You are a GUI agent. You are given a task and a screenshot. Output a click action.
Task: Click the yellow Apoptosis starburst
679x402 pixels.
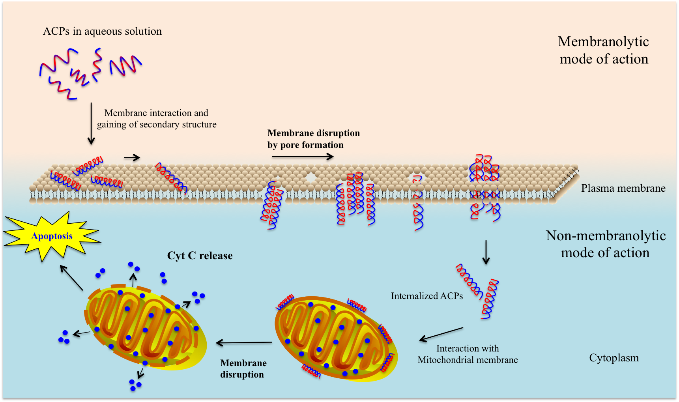[52, 236]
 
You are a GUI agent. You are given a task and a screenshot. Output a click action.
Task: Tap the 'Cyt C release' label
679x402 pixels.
[200, 256]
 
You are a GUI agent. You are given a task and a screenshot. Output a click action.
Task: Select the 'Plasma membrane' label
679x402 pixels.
[623, 188]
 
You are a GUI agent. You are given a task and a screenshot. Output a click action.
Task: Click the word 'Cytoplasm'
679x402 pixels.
[614, 358]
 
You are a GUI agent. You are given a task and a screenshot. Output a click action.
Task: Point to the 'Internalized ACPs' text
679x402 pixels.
[426, 296]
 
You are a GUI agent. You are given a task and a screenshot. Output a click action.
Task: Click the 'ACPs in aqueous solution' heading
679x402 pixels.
[102, 31]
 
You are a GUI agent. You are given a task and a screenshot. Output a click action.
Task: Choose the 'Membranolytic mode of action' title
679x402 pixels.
[604, 50]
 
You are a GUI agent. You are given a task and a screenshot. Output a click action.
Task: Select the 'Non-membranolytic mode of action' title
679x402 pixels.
[606, 244]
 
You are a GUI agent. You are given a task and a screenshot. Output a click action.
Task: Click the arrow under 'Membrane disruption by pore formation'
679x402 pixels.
[303, 157]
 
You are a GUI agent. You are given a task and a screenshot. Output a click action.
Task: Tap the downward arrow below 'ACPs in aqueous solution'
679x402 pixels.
[91, 123]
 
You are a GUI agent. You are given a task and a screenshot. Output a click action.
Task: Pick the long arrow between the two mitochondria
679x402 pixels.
[244, 343]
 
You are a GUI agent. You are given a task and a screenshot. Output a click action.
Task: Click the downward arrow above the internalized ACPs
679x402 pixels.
[486, 252]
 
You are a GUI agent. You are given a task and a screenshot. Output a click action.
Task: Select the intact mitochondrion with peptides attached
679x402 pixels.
[336, 338]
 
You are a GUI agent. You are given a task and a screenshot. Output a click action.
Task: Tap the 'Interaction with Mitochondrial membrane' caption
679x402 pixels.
[468, 354]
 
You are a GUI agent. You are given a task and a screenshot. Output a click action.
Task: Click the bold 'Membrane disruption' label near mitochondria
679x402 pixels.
[243, 368]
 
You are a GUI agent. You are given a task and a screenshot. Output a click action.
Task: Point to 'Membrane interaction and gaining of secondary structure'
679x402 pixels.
[157, 119]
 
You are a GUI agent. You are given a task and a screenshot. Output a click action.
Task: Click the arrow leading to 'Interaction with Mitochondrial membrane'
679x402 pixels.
[441, 334]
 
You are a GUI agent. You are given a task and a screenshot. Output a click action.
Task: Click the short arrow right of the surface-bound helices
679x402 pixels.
[132, 158]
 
